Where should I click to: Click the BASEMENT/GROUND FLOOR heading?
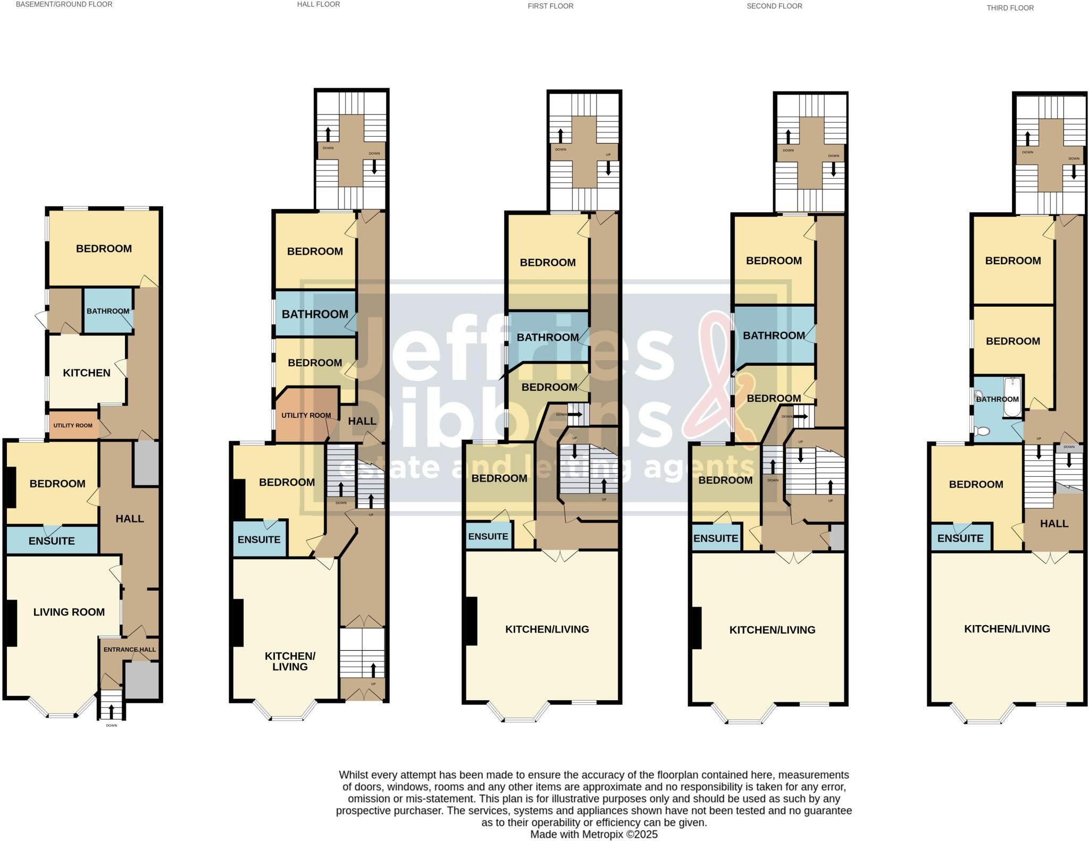(64, 4)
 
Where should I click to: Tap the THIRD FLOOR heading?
(1010, 8)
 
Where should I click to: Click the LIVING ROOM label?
(69, 612)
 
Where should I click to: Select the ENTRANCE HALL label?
(129, 650)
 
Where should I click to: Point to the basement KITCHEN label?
(86, 373)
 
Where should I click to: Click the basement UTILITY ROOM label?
(73, 425)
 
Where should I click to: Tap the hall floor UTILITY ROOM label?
(306, 415)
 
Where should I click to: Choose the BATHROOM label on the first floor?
(547, 337)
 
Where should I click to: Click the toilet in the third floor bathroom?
(983, 431)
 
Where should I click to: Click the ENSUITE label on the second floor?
(715, 538)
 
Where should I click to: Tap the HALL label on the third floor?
(1054, 524)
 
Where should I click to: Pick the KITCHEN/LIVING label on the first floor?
(547, 629)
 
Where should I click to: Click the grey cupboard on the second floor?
(837, 537)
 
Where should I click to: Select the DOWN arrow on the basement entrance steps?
(111, 712)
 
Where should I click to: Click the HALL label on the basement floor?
(130, 518)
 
